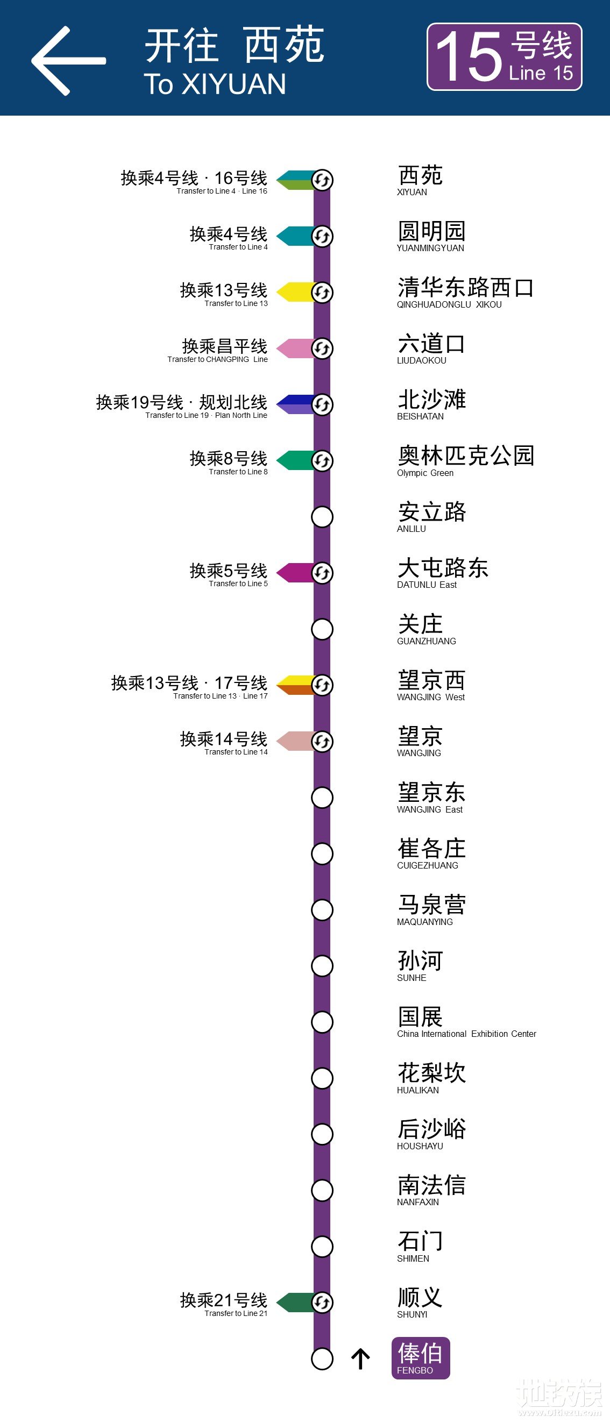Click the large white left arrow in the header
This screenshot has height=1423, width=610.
tap(67, 61)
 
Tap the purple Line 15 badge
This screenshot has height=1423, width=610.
tap(504, 57)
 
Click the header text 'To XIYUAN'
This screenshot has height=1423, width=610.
tap(215, 84)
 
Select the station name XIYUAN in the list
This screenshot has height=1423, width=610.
tap(420, 180)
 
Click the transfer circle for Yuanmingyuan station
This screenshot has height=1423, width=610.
tap(322, 237)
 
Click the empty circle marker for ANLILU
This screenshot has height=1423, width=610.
tap(322, 517)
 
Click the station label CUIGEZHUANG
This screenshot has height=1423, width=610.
tap(431, 853)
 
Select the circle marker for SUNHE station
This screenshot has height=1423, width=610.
tap(322, 966)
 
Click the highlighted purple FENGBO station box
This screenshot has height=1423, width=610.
tap(421, 1358)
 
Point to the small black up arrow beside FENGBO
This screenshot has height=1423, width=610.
tap(360, 1359)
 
